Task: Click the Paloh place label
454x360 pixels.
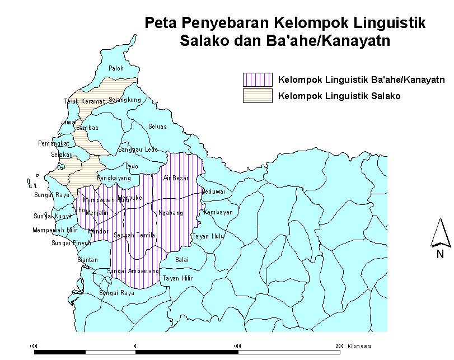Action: pyautogui.click(x=116, y=68)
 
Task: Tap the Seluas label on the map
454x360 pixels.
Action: pyautogui.click(x=157, y=127)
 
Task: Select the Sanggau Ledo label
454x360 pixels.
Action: pyautogui.click(x=138, y=150)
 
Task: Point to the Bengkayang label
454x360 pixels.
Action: pyautogui.click(x=114, y=178)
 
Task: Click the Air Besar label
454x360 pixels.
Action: pyautogui.click(x=176, y=178)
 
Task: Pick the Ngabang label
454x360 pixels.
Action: pyautogui.click(x=171, y=213)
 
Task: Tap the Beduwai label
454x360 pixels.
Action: pyautogui.click(x=213, y=191)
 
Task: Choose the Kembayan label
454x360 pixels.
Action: pyautogui.click(x=218, y=213)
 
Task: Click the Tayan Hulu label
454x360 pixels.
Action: pyautogui.click(x=208, y=236)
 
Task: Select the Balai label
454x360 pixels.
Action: pyautogui.click(x=182, y=260)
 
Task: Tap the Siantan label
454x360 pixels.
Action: pyautogui.click(x=87, y=260)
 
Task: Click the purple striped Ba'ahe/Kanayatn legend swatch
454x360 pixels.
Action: pyautogui.click(x=258, y=80)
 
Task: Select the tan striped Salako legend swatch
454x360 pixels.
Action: pyautogui.click(x=258, y=96)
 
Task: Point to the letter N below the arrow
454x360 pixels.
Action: pyautogui.click(x=441, y=255)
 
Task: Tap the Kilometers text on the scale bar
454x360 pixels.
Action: pyautogui.click(x=359, y=346)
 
